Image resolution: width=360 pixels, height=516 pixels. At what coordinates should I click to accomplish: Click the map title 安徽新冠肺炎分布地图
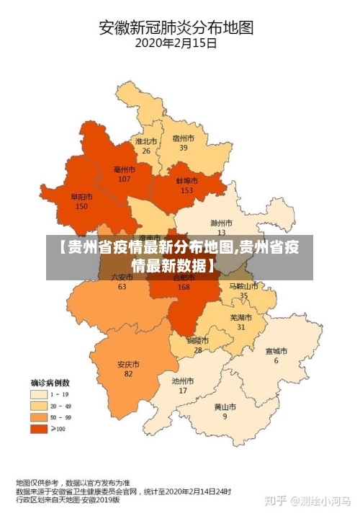(x=176, y=28)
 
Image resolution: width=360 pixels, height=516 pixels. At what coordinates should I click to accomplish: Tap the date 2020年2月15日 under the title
(x=176, y=43)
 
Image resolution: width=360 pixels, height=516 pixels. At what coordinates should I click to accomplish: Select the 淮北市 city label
(x=145, y=142)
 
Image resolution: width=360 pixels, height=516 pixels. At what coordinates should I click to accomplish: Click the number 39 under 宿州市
(x=184, y=148)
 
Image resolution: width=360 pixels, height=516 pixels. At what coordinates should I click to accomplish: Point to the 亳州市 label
(x=125, y=169)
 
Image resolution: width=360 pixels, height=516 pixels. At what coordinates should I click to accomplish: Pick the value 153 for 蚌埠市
(x=187, y=190)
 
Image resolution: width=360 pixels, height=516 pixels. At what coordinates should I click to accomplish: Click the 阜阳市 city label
(x=81, y=197)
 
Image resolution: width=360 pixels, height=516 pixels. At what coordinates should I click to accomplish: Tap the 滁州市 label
(x=221, y=223)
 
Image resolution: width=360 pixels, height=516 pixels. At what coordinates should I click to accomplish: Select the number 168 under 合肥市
(x=184, y=287)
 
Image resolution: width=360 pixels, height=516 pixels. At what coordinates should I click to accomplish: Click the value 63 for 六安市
(x=122, y=286)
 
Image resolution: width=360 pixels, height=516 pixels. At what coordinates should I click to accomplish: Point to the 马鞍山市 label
(x=243, y=286)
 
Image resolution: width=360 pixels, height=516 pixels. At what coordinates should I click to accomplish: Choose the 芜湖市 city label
(x=241, y=318)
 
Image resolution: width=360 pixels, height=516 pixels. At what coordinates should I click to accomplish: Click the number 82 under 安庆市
(x=128, y=373)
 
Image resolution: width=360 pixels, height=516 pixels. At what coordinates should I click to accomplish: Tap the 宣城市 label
(x=276, y=352)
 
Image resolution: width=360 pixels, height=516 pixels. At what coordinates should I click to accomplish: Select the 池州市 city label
(x=183, y=381)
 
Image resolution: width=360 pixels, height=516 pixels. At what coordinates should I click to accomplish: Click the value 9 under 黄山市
(x=225, y=417)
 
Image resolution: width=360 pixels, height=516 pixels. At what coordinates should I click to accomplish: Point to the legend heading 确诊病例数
(x=50, y=382)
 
